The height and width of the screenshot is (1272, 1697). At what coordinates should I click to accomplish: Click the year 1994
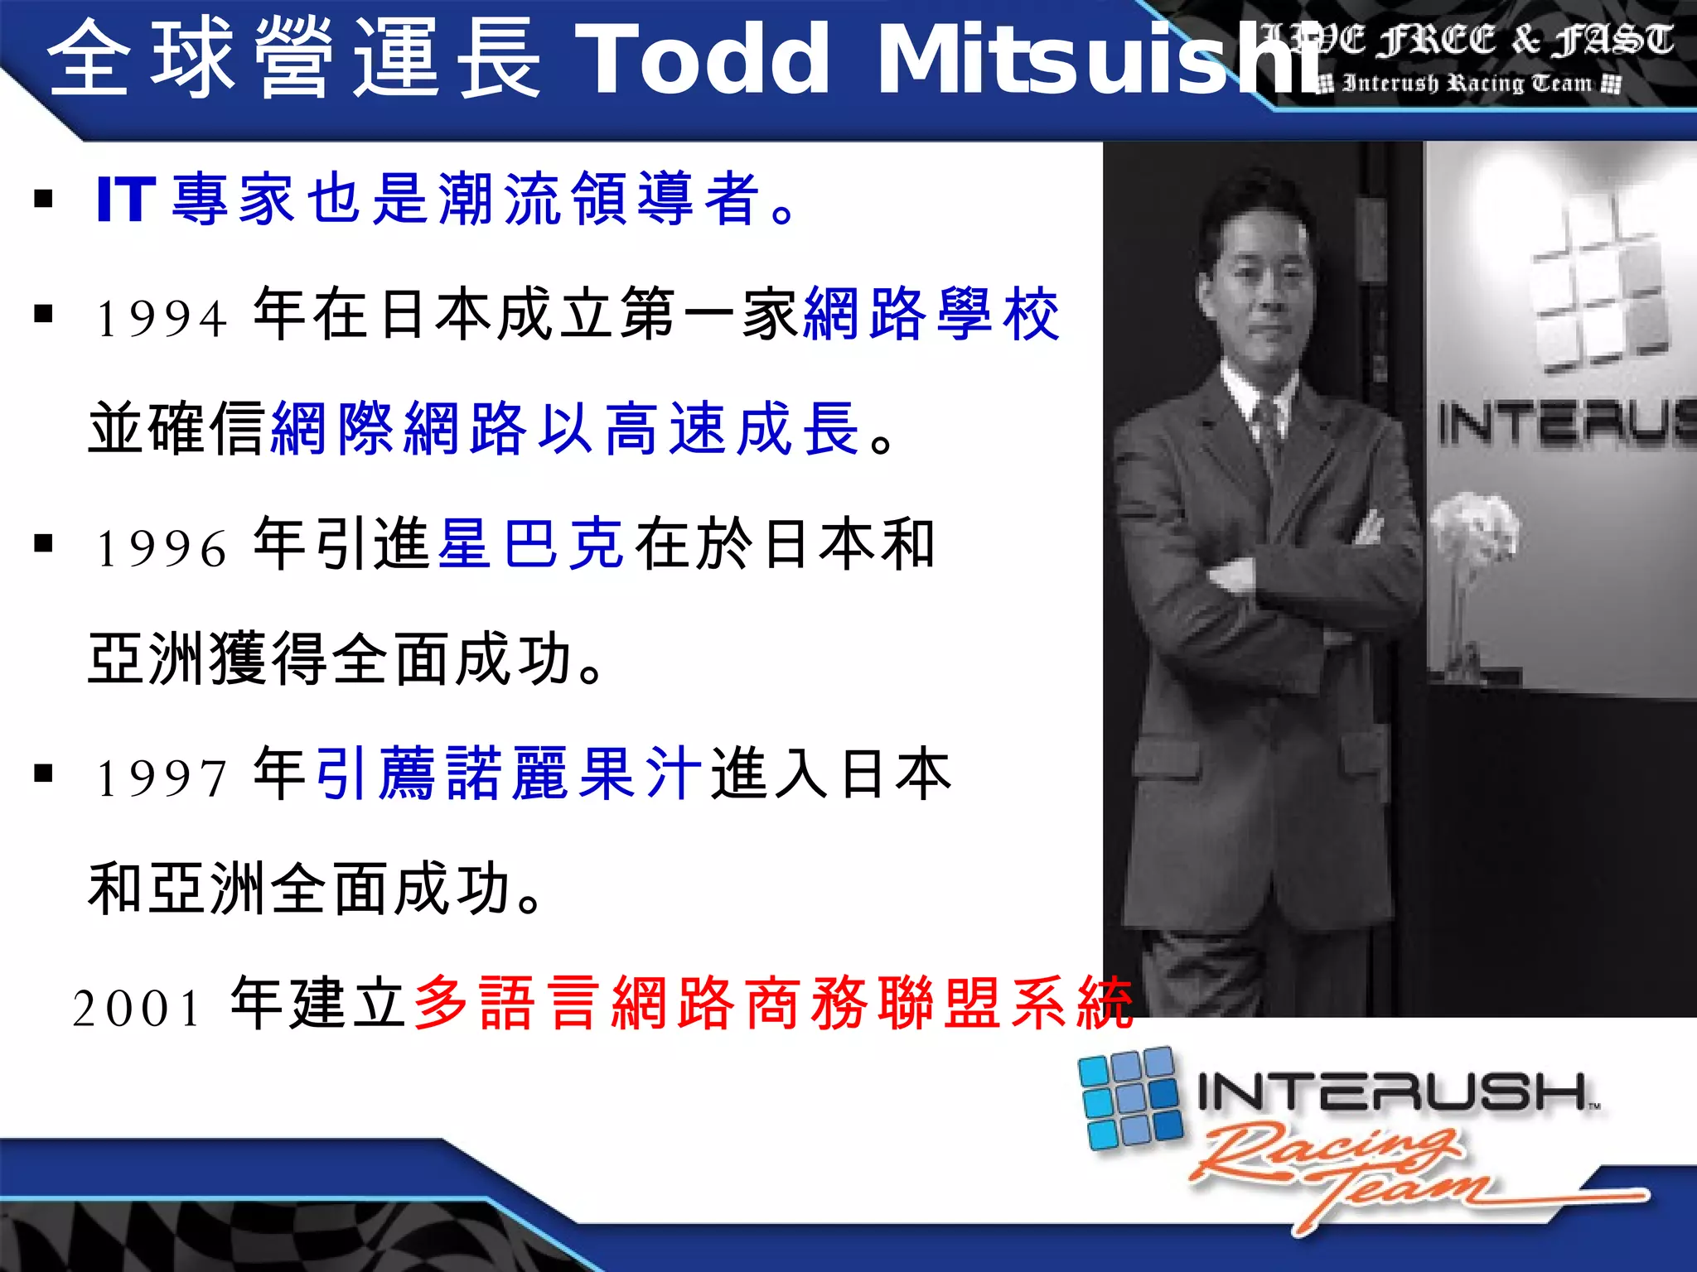pyautogui.click(x=162, y=318)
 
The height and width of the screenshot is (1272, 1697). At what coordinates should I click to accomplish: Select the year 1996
pyautogui.click(x=162, y=548)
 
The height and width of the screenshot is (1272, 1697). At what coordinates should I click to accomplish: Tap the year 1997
pyautogui.click(x=162, y=778)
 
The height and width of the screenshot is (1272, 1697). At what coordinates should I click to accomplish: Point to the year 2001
pyautogui.click(x=138, y=1009)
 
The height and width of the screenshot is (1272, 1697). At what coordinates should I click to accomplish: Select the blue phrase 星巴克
pyautogui.click(x=530, y=544)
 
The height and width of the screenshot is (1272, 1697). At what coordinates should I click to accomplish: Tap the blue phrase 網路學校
pyautogui.click(x=932, y=314)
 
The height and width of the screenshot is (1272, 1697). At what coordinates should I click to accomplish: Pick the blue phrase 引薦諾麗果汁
pyautogui.click(x=509, y=773)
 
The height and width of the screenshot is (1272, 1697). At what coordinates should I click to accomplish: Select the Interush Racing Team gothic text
pyautogui.click(x=1467, y=84)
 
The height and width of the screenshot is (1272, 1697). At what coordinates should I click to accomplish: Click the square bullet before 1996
pyautogui.click(x=44, y=544)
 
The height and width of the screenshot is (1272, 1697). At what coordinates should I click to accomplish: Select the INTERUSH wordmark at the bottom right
pyautogui.click(x=1392, y=1091)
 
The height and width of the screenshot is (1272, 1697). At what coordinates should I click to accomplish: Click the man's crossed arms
pyautogui.click(x=1293, y=571)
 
